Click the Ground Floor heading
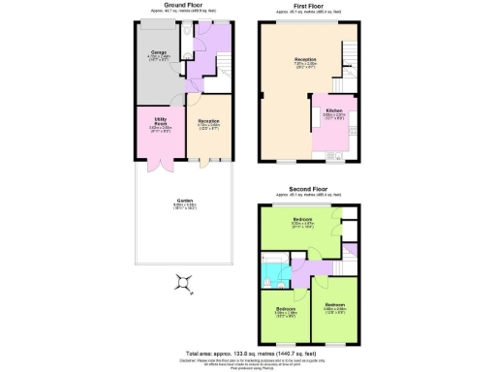182,5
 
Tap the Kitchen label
334,111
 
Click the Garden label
184,204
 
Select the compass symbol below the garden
184,283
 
